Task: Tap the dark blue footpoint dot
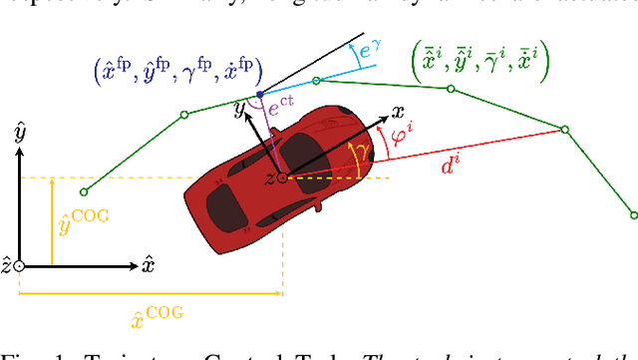pyautogui.click(x=260, y=95)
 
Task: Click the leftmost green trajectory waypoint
pyautogui.click(x=84, y=191)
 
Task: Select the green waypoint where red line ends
pyautogui.click(x=564, y=130)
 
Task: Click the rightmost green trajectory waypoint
pyautogui.click(x=634, y=212)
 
